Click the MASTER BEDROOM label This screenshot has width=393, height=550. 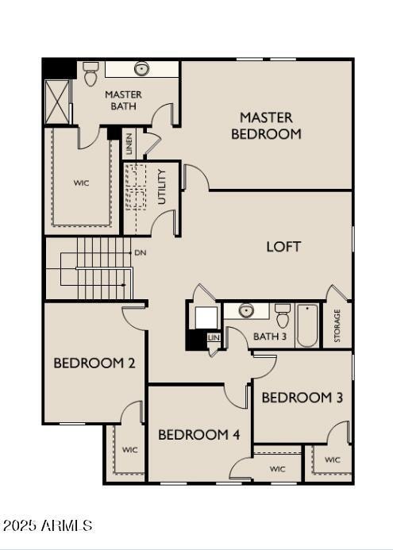pyautogui.click(x=266, y=125)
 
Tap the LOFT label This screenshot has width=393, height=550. pyautogui.click(x=283, y=247)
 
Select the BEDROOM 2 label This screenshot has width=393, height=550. pyautogui.click(x=94, y=363)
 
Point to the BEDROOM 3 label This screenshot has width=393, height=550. pyautogui.click(x=302, y=397)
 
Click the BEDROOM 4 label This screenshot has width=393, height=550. pyautogui.click(x=198, y=434)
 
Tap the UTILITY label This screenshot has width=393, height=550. pyautogui.click(x=162, y=187)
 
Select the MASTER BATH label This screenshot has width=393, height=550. pyautogui.click(x=123, y=100)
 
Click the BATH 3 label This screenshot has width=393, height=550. pyautogui.click(x=269, y=337)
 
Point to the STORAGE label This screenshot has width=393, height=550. pyautogui.click(x=337, y=325)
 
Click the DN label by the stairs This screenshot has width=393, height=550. pyautogui.click(x=141, y=252)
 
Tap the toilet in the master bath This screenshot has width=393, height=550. pyautogui.click(x=90, y=74)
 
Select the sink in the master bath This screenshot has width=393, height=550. pyautogui.click(x=142, y=69)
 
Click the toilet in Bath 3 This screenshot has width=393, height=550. pyautogui.click(x=283, y=316)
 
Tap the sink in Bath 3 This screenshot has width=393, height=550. pyautogui.click(x=247, y=310)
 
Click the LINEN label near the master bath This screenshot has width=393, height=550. pyautogui.click(x=129, y=144)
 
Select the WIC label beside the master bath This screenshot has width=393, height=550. pyautogui.click(x=82, y=183)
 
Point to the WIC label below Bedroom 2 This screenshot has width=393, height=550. pyautogui.click(x=130, y=450)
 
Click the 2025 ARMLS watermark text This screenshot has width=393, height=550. pyautogui.click(x=48, y=525)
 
